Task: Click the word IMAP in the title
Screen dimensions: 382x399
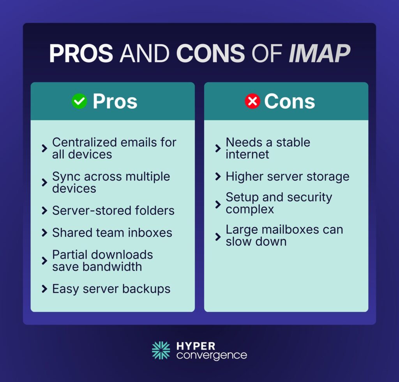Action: pyautogui.click(x=319, y=53)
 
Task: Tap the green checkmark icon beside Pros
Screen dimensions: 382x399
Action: pyautogui.click(x=79, y=101)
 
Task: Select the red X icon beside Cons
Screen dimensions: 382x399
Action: pyautogui.click(x=252, y=101)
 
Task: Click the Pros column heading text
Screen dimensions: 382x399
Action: pyautogui.click(x=115, y=101)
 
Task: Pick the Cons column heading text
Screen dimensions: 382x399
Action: pyautogui.click(x=290, y=101)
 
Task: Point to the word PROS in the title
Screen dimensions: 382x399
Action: pyautogui.click(x=81, y=53)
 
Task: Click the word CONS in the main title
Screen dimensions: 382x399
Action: pyautogui.click(x=210, y=53)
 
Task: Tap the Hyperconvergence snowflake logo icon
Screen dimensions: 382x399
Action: pyautogui.click(x=161, y=350)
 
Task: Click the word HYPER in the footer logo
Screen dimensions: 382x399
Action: pyautogui.click(x=195, y=346)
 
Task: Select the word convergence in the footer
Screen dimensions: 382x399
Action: pyautogui.click(x=212, y=355)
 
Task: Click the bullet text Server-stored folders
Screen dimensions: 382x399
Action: pyautogui.click(x=113, y=211)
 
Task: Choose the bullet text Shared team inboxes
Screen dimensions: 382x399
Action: pyautogui.click(x=112, y=233)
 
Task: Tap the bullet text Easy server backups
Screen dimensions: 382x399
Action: pyautogui.click(x=111, y=289)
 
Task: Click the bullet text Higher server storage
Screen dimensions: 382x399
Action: pyautogui.click(x=288, y=177)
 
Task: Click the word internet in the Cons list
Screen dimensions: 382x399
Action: pyautogui.click(x=247, y=155)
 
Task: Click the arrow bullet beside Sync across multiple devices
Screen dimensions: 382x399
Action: pyautogui.click(x=44, y=183)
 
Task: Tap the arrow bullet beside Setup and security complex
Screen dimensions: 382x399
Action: pyautogui.click(x=218, y=204)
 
